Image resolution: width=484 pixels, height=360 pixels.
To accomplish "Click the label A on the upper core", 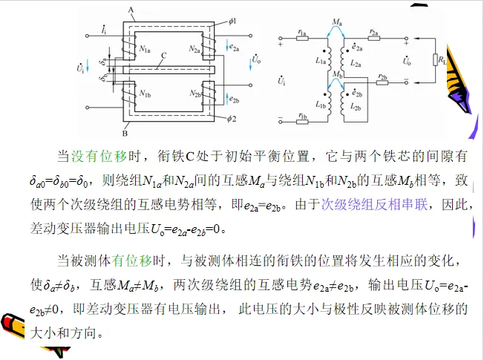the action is tap(131, 9).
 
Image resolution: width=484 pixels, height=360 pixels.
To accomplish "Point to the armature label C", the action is tap(163, 56).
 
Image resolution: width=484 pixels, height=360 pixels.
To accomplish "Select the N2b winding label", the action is tap(197, 95).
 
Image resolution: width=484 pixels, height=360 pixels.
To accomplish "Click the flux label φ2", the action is tap(231, 118).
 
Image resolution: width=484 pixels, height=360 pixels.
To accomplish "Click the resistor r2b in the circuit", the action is tap(382, 81).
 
